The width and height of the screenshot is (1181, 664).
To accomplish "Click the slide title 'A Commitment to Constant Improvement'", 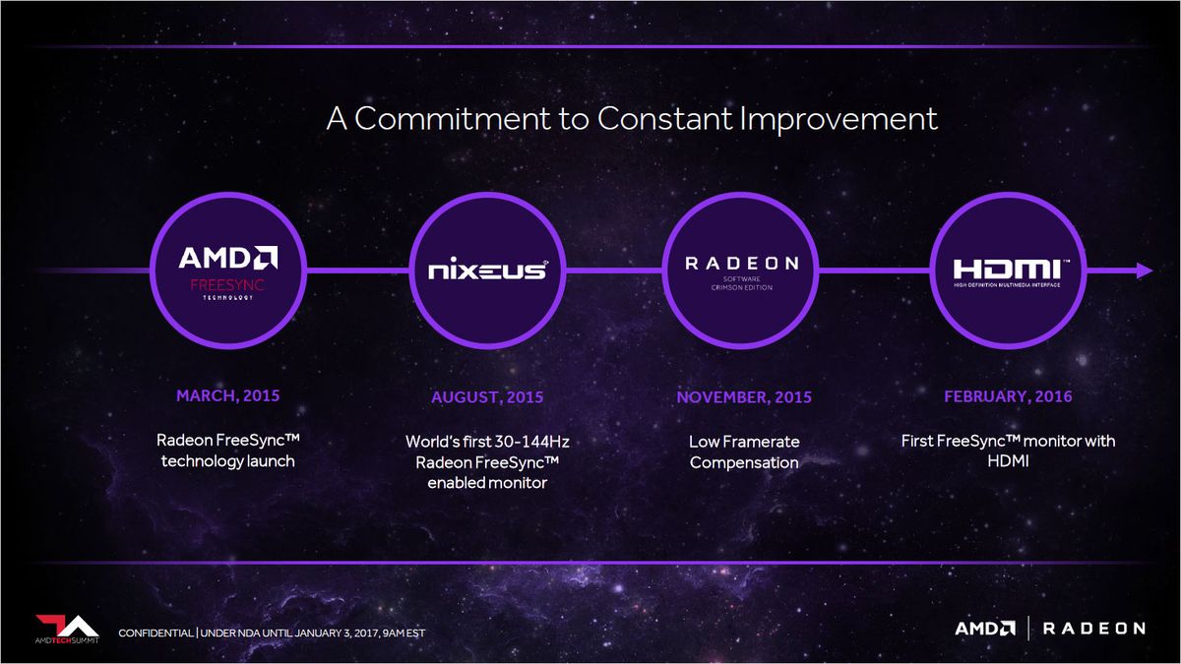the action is [x=632, y=119].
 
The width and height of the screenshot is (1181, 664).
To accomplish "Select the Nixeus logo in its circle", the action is [x=488, y=271].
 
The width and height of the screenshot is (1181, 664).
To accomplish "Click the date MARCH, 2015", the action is [x=227, y=395].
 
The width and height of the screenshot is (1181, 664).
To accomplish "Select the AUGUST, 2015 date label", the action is [x=487, y=396].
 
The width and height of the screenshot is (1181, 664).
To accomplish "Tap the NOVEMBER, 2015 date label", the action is [x=744, y=396].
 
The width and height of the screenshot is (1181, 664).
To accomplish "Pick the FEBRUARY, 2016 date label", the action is [x=1008, y=396].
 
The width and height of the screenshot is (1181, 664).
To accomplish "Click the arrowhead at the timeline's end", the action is [x=1144, y=271].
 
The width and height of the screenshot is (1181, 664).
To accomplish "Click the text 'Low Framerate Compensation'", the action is [x=744, y=452].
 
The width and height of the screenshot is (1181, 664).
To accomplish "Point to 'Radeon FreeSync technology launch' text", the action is [x=227, y=451].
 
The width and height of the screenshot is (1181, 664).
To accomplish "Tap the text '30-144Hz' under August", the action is [x=532, y=441].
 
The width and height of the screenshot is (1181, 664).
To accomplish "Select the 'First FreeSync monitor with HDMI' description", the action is [x=1008, y=451].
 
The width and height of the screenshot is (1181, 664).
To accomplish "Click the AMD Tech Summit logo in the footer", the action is [x=67, y=630].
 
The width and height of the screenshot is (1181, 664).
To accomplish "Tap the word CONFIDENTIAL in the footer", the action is [x=155, y=633].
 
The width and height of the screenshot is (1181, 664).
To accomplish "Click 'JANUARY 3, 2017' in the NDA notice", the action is [x=337, y=633].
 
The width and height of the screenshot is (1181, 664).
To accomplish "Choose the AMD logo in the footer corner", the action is [x=985, y=629].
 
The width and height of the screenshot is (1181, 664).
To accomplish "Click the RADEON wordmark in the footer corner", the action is [x=1094, y=629].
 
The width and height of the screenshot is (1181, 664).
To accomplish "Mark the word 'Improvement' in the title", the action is [x=839, y=120].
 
